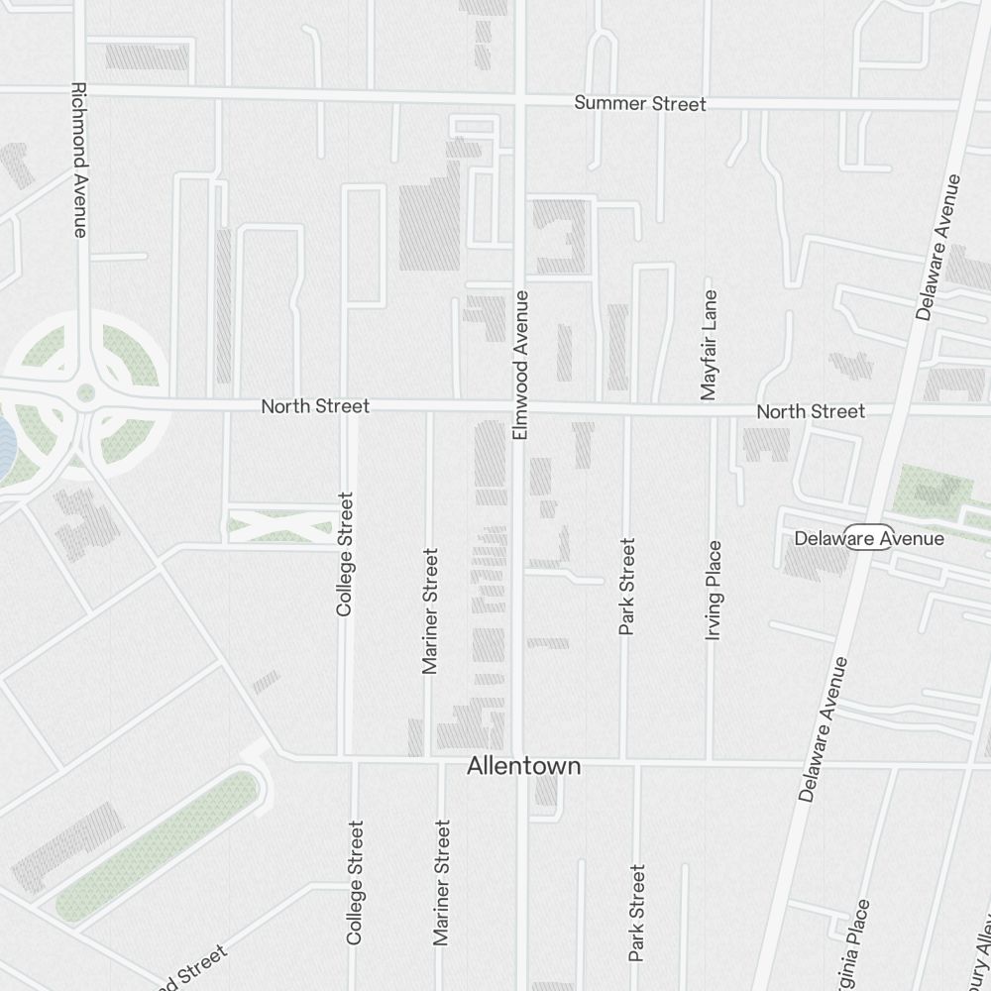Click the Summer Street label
640,104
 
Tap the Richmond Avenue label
80,160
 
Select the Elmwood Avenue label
521,365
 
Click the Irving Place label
714,590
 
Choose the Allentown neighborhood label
524,767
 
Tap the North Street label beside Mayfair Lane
811,411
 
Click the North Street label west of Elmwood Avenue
315,406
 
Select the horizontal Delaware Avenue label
869,539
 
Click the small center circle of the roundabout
86,393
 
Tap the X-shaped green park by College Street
280,524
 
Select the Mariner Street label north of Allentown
429,610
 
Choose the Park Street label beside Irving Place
626,587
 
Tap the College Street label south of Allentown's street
355,882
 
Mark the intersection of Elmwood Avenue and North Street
518,407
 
